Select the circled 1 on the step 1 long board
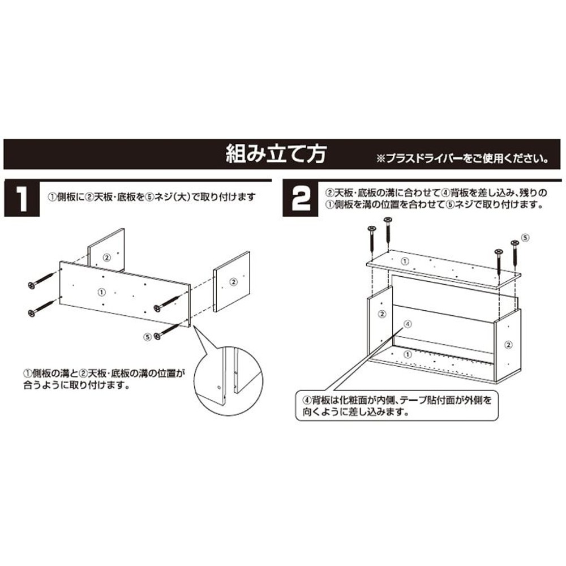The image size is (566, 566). pos(101,292)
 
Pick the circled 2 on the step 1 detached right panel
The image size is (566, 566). pos(233,281)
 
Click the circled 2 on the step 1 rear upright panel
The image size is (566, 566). pos(106,257)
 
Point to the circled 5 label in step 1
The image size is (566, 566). pos(148,336)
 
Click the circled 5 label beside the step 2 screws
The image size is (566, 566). pos(524,238)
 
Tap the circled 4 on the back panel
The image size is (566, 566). pos(409,324)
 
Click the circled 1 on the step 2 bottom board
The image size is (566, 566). pos(408,354)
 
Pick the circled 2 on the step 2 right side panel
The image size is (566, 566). pos(508,344)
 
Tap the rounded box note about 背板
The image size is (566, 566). pos(396,405)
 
